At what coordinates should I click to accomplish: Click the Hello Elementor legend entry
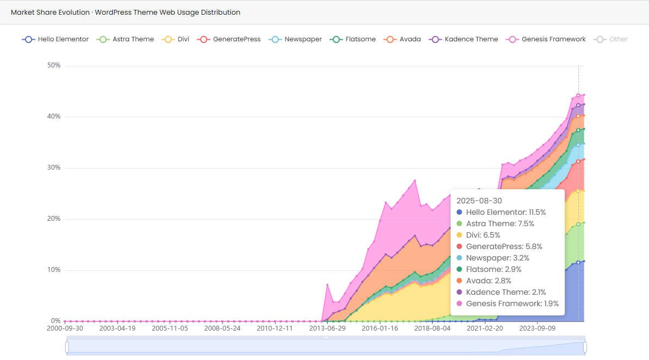coord(55,39)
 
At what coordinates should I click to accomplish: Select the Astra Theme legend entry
coord(126,39)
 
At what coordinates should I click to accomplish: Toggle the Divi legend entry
coord(176,39)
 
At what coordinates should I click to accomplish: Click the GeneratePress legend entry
coord(229,39)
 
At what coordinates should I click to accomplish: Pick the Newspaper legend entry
coord(296,39)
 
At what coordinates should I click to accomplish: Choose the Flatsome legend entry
coord(353,39)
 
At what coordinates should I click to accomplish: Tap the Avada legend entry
coord(402,39)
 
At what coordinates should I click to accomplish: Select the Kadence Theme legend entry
coord(464,39)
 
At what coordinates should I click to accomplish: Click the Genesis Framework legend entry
coord(546,39)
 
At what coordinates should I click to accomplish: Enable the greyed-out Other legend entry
coord(611,39)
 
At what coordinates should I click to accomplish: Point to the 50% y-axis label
coord(54,66)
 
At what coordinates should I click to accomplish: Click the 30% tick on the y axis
coord(54,168)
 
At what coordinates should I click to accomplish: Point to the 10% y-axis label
coord(54,270)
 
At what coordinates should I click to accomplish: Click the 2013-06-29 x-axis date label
coord(327,328)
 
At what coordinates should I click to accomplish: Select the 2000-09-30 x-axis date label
coord(65,328)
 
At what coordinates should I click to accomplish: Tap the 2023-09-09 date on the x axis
coord(537,328)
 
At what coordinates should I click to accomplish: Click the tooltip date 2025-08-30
coord(479,201)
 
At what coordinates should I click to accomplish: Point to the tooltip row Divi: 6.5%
coord(483,235)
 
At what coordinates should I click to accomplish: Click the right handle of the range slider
coord(585,346)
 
